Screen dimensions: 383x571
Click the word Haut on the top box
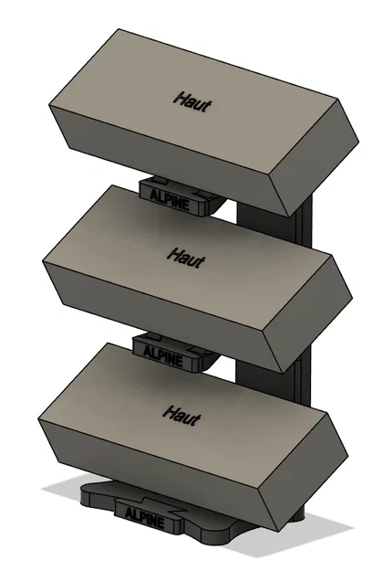pyautogui.click(x=192, y=102)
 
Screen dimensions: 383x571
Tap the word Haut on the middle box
pyautogui.click(x=186, y=258)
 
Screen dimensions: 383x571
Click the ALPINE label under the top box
pyautogui.click(x=170, y=200)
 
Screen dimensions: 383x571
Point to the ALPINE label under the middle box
pyautogui.click(x=163, y=356)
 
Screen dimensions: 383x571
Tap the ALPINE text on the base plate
pyautogui.click(x=145, y=518)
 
